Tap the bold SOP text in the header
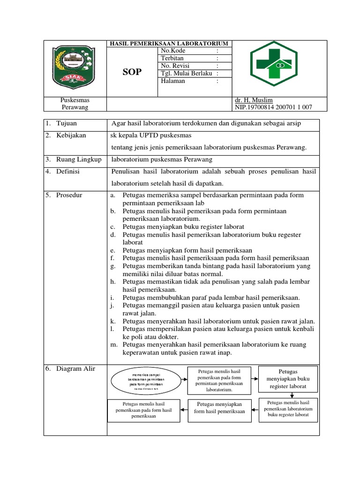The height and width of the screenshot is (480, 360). pos(132,72)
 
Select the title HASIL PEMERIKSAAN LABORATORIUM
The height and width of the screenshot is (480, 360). pos(168,44)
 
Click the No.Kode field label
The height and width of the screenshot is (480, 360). pos(173,51)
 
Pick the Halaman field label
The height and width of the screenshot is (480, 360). pos(173,81)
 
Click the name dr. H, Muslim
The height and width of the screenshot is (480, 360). pos(254,100)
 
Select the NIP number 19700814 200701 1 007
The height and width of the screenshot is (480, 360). pos(273,107)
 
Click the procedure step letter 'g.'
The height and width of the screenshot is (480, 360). pos(113,266)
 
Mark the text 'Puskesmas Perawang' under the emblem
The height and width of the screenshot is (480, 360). pos(75,104)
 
